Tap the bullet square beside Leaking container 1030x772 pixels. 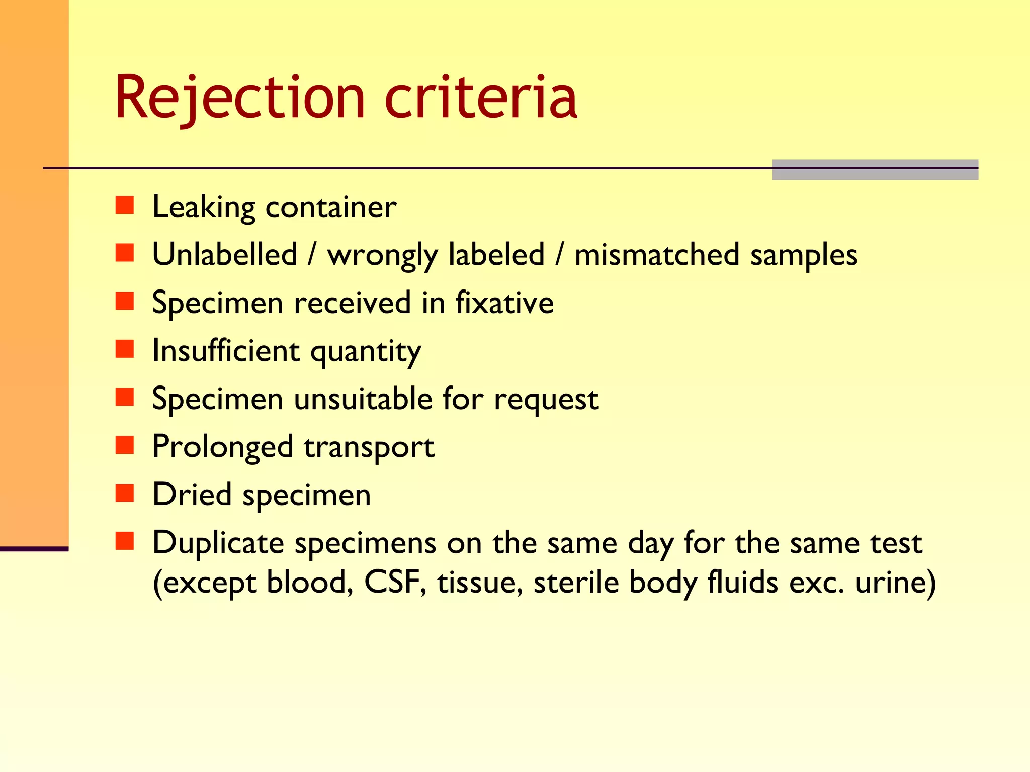pyautogui.click(x=124, y=205)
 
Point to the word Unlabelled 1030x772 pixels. pyautogui.click(x=225, y=254)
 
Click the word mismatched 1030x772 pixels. pyautogui.click(x=657, y=254)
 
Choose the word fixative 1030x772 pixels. pyautogui.click(x=504, y=303)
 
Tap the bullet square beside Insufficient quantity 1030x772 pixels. pyautogui.click(x=124, y=349)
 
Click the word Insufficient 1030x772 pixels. pyautogui.click(x=226, y=350)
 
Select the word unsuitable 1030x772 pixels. pyautogui.click(x=363, y=399)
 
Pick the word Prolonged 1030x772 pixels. pyautogui.click(x=222, y=447)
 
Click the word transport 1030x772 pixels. pyautogui.click(x=369, y=447)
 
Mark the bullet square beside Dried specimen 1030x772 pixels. pyautogui.click(x=124, y=493)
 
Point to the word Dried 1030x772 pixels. pyautogui.click(x=192, y=495)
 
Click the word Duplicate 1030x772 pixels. pyautogui.click(x=218, y=543)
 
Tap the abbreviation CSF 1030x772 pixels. pyautogui.click(x=392, y=583)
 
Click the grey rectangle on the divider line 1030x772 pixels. pyautogui.click(x=875, y=170)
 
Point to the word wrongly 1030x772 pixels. pyautogui.click(x=382, y=255)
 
